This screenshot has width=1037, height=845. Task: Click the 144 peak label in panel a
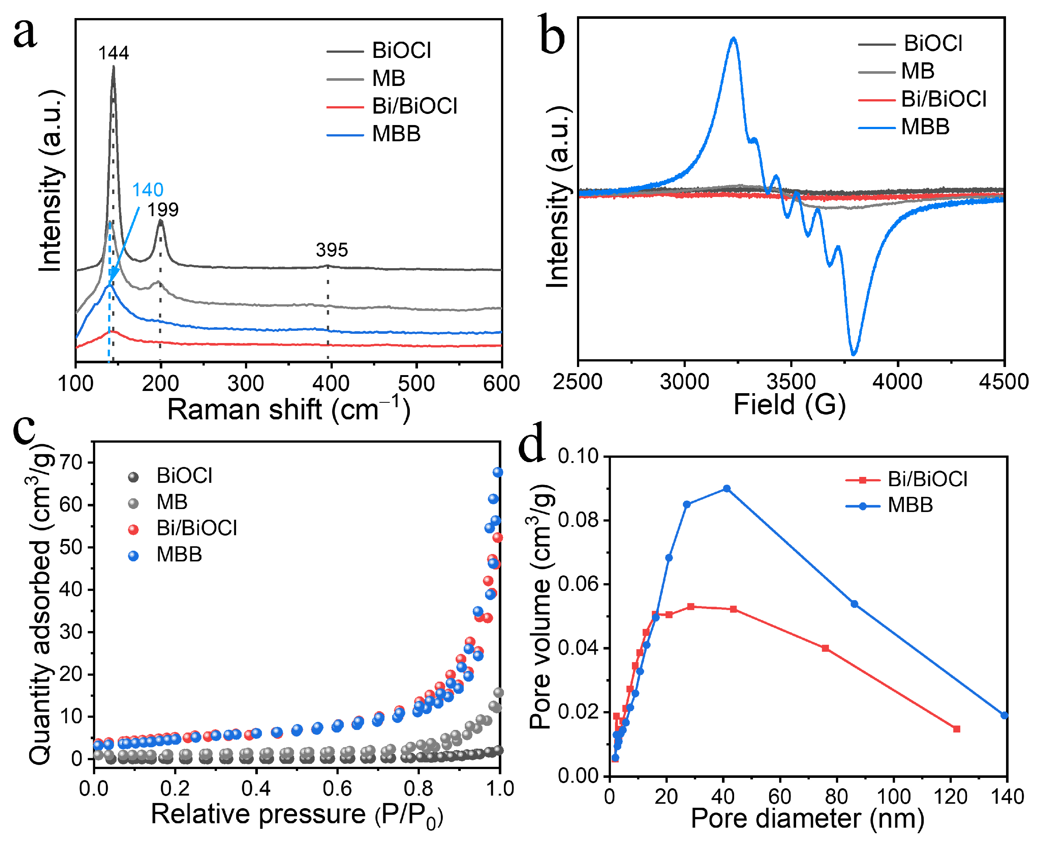(113, 53)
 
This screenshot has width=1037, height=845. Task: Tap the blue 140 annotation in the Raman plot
(148, 189)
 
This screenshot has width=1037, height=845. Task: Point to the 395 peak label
(332, 250)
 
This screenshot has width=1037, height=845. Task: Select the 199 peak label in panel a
(163, 210)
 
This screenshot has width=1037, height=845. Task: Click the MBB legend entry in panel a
(395, 134)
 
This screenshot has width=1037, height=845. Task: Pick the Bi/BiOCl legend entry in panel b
(943, 99)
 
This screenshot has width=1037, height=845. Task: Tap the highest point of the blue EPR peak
(734, 38)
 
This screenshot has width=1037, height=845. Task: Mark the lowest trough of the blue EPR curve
(853, 354)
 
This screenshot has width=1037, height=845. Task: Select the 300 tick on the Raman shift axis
(245, 384)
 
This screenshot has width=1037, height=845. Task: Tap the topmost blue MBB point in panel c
(498, 472)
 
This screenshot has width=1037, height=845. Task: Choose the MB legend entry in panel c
(172, 502)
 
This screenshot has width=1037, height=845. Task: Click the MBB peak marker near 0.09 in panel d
(726, 488)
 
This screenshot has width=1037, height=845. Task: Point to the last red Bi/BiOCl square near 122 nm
(956, 729)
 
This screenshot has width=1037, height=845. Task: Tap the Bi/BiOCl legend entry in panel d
(927, 479)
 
